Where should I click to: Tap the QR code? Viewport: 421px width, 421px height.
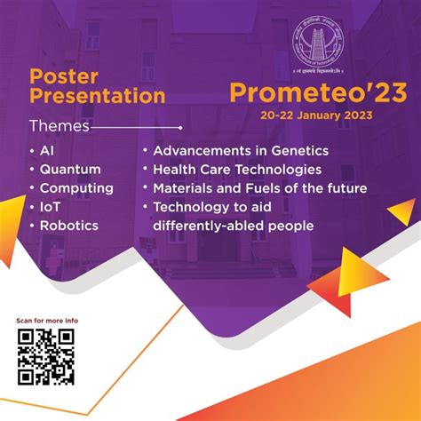tap(45, 357)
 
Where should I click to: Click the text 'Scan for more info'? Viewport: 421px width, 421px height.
tap(47, 320)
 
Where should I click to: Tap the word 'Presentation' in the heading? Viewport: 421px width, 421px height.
tap(98, 95)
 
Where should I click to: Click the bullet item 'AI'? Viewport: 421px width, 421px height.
tap(47, 151)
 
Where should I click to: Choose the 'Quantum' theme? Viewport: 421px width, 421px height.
tap(70, 170)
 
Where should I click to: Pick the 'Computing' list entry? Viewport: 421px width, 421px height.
tap(76, 188)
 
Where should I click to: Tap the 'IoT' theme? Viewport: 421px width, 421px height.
tap(51, 207)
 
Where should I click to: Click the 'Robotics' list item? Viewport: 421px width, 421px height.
tap(68, 226)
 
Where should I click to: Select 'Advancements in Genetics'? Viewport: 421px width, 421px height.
tap(241, 151)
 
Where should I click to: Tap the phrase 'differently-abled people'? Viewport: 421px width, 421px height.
tap(233, 226)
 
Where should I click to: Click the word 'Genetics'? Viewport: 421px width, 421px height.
tap(298, 151)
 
